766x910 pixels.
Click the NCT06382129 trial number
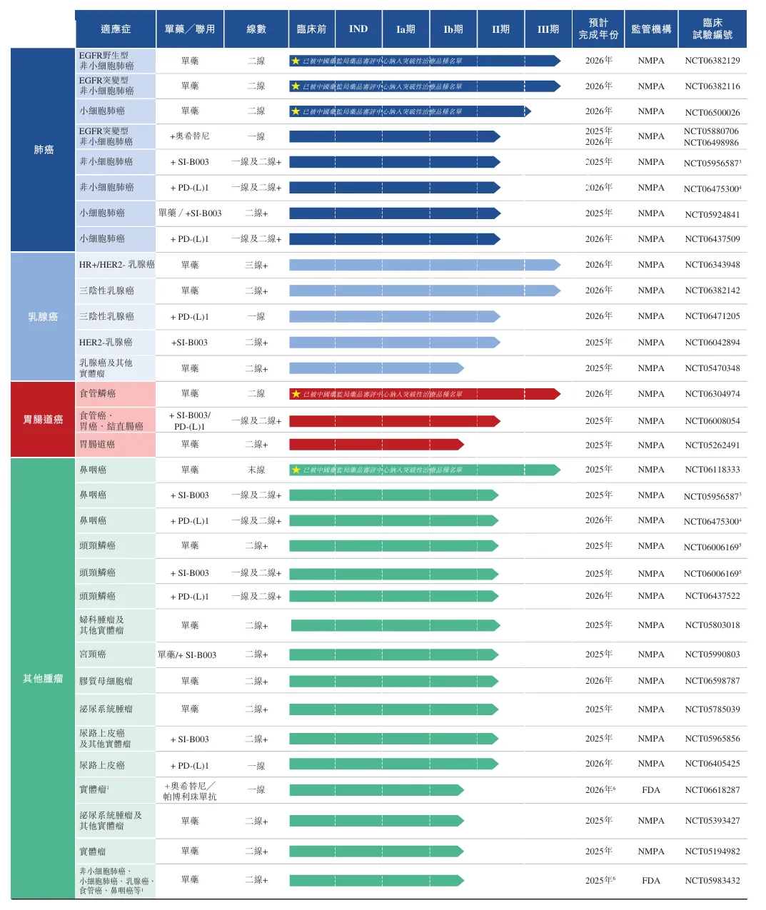[712, 61]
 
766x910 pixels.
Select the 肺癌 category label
[44, 150]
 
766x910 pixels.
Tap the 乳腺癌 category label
[43, 316]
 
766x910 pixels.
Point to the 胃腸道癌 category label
[43, 419]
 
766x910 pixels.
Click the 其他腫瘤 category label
[43, 678]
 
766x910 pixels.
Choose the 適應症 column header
[116, 29]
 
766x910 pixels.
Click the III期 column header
[548, 29]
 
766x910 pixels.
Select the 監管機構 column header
[651, 29]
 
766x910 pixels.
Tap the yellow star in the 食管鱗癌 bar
[296, 394]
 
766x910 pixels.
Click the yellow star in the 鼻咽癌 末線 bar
[296, 470]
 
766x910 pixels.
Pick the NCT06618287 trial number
[712, 790]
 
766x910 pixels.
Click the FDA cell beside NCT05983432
[651, 880]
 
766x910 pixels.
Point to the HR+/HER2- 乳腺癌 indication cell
[116, 265]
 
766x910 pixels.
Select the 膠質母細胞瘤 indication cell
[106, 681]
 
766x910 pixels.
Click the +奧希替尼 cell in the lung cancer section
[190, 136]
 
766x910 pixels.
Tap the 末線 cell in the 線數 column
[256, 470]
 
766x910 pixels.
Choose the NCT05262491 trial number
[712, 445]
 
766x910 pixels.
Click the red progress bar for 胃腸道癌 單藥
[375, 445]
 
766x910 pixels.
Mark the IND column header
[358, 29]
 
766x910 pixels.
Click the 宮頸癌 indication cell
[93, 654]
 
